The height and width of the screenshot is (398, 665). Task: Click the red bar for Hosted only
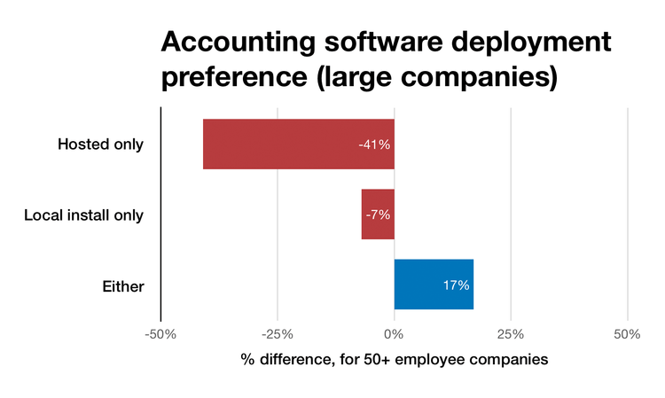(298, 144)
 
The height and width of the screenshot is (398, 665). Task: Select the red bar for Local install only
(378, 215)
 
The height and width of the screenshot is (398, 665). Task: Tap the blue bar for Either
(434, 285)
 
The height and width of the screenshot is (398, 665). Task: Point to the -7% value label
(377, 215)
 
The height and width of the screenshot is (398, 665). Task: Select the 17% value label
(456, 285)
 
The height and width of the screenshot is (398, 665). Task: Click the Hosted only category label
(100, 144)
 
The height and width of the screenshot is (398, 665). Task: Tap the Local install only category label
(83, 215)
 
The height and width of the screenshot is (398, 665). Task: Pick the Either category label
(123, 285)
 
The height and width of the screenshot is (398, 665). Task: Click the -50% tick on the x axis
(160, 335)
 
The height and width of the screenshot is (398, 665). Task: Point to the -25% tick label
(277, 335)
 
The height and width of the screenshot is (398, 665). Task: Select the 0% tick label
(394, 335)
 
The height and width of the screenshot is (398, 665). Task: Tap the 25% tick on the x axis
(511, 335)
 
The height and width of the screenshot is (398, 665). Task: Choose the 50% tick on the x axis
(627, 335)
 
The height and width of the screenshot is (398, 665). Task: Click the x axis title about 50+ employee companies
(394, 361)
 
